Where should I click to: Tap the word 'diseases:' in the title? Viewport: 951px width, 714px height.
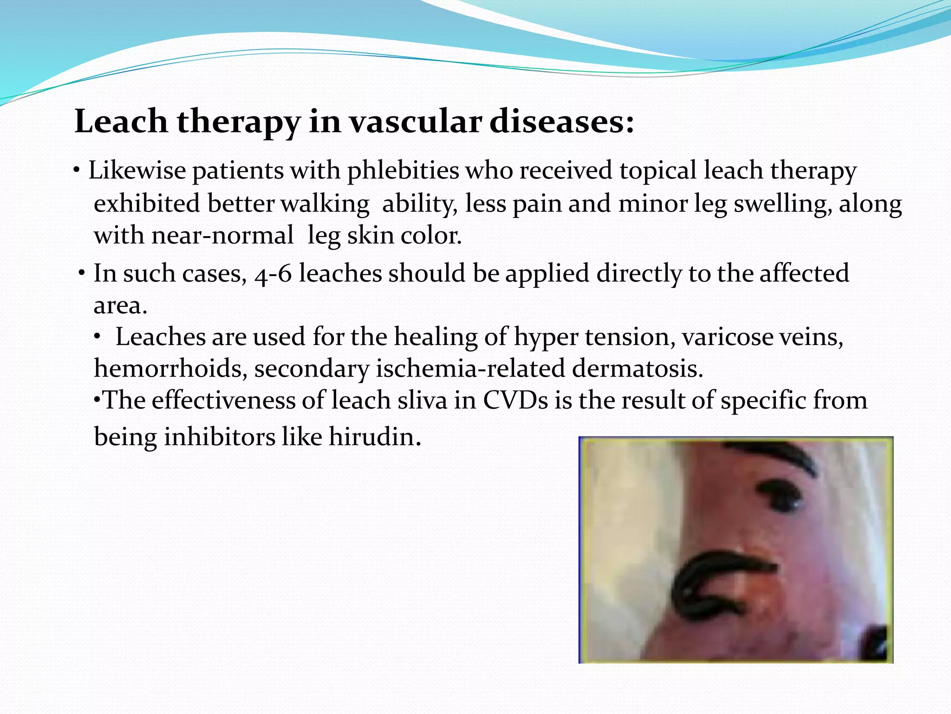click(562, 122)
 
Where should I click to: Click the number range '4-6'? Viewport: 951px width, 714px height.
click(273, 273)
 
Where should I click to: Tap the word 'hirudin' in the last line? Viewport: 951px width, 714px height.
click(371, 437)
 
